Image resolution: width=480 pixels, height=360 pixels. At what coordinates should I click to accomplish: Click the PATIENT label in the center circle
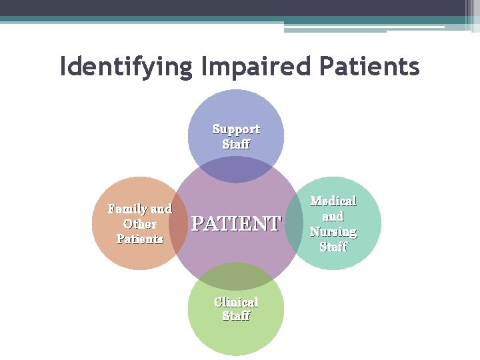click(236, 223)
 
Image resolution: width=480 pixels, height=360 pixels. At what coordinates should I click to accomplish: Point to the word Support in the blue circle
click(236, 129)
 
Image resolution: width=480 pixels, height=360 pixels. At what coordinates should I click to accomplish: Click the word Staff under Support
click(236, 144)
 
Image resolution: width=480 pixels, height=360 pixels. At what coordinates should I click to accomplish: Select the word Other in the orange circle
click(140, 224)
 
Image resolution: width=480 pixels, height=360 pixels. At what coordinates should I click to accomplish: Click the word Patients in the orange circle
click(140, 239)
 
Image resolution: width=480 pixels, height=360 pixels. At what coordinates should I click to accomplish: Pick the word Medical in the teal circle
click(333, 201)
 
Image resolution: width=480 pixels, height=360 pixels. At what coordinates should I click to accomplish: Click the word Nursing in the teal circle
click(333, 231)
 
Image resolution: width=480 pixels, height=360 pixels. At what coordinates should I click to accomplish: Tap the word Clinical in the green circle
click(236, 301)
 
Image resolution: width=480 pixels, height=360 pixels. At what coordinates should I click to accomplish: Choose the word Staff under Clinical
click(236, 316)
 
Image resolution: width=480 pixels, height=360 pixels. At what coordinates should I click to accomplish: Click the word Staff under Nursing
click(333, 247)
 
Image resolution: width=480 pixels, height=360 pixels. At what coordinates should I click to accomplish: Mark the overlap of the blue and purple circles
click(236, 171)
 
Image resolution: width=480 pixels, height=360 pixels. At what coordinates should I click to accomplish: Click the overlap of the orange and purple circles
click(179, 223)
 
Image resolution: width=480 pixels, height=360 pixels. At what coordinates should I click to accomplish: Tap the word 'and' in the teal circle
click(333, 216)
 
